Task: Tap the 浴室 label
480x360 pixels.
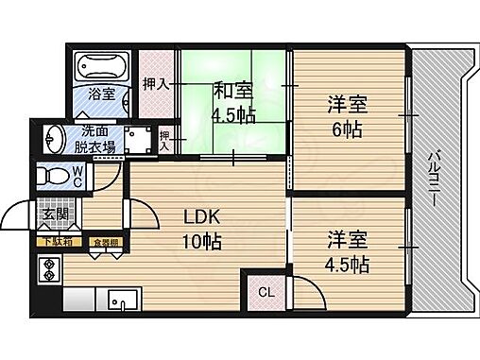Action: (101, 94)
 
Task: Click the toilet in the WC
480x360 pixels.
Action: (60, 176)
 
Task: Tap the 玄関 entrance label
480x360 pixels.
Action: (51, 215)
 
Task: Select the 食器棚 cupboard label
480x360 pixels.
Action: (105, 243)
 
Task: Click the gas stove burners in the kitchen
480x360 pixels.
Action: (47, 271)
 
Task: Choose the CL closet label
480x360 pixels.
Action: (266, 292)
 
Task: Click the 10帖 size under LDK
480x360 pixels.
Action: (202, 240)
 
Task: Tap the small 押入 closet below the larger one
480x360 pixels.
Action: (166, 140)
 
